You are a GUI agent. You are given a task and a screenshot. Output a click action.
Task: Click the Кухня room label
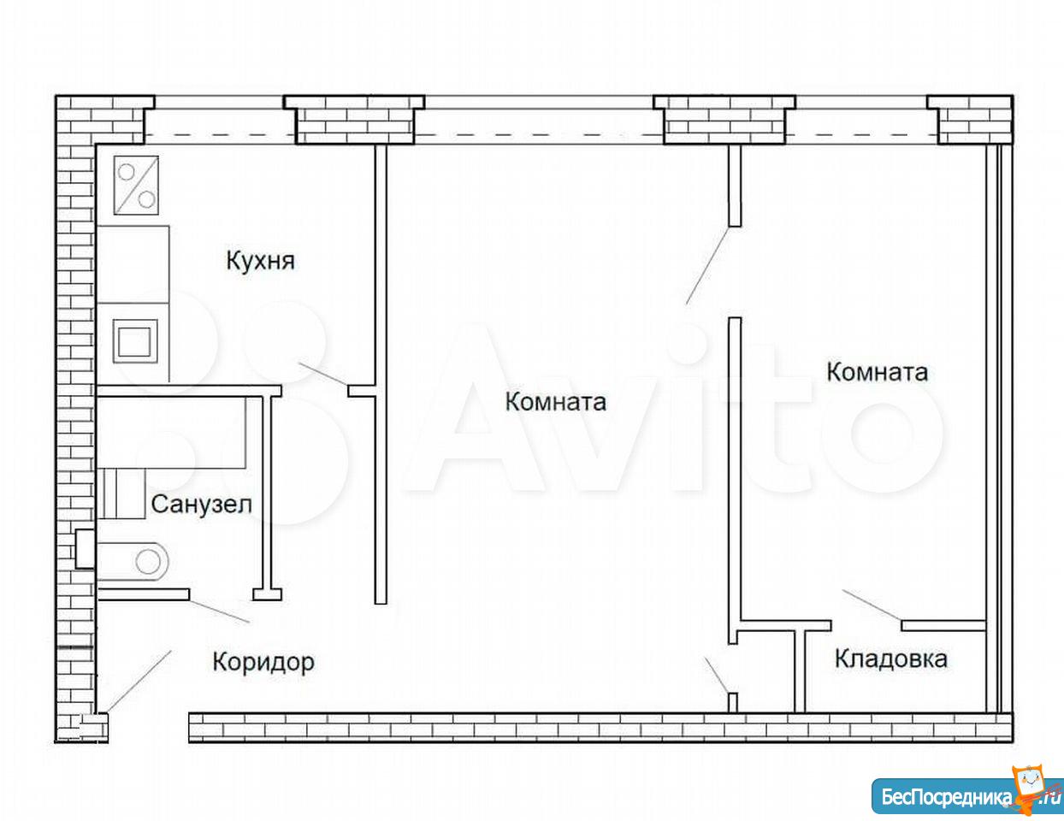[261, 261]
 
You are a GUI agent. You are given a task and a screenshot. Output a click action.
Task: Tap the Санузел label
[202, 505]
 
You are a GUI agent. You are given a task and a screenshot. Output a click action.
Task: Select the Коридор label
[263, 663]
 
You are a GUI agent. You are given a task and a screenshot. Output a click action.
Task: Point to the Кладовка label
[891, 659]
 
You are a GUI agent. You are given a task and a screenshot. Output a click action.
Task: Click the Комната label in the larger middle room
[556, 402]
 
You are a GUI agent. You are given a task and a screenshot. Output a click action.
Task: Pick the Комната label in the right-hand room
[878, 372]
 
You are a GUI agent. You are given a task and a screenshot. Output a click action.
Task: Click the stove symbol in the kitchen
[136, 185]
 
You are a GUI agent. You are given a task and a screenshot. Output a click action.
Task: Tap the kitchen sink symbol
[135, 341]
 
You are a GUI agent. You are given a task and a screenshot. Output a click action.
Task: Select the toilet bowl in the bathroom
[133, 561]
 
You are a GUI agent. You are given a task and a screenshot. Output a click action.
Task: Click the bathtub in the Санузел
[171, 432]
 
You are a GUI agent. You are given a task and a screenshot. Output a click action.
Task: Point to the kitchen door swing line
[323, 374]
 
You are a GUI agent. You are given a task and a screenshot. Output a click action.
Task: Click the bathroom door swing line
[219, 611]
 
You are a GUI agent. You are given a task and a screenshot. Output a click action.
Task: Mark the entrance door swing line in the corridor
[139, 681]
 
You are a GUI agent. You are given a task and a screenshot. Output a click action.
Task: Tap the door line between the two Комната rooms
[707, 265]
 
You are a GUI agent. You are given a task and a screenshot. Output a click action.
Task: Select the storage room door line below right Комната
[872, 605]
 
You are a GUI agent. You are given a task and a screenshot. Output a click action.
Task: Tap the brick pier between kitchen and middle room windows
[354, 120]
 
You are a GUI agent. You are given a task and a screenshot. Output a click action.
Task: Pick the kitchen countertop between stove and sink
[133, 264]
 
